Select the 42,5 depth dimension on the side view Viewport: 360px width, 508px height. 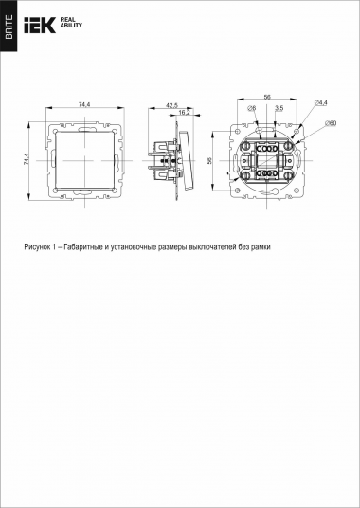171,103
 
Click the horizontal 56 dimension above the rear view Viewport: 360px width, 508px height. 267,98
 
